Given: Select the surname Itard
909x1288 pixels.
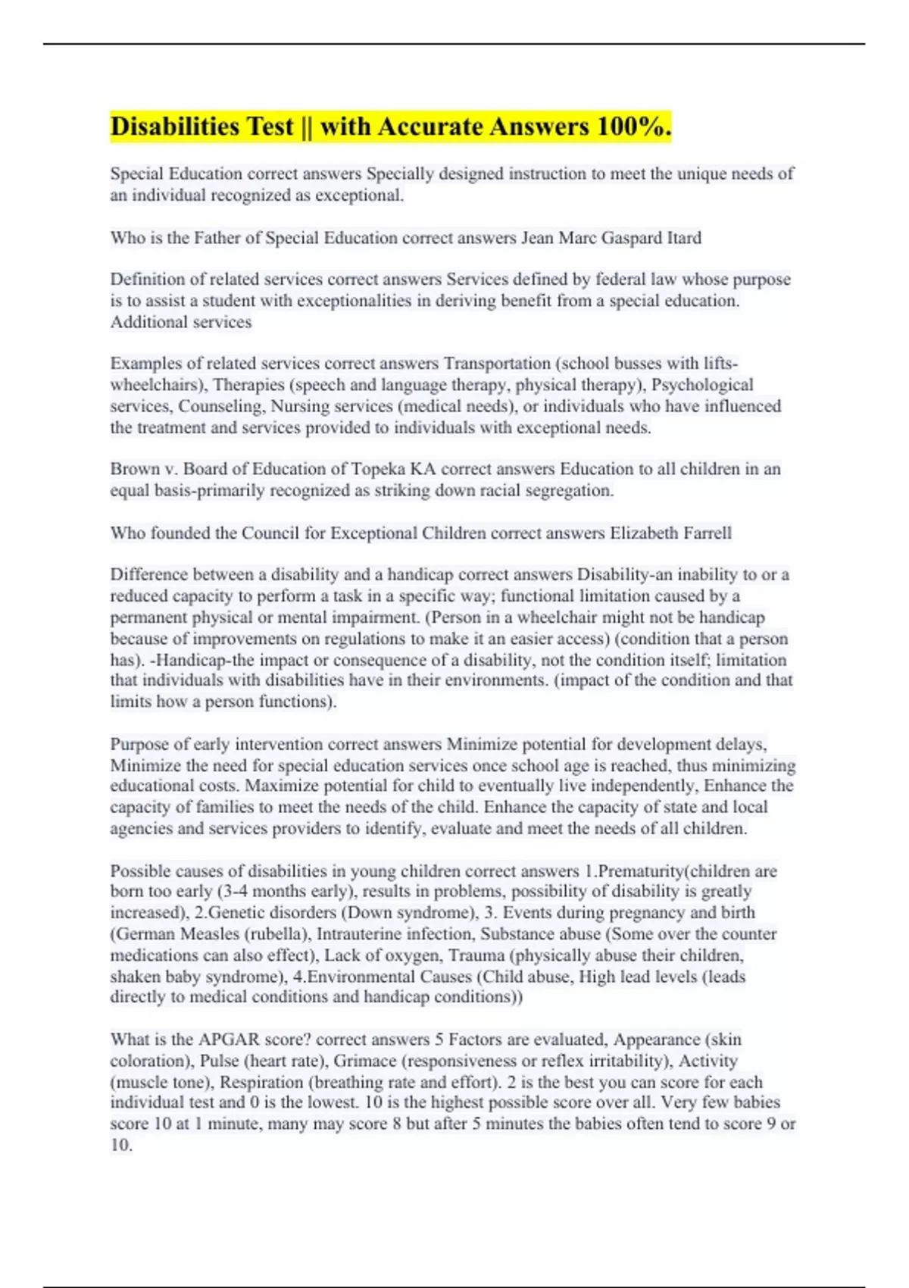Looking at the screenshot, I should tap(684, 238).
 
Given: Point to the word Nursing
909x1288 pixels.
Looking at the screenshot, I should tap(299, 406).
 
